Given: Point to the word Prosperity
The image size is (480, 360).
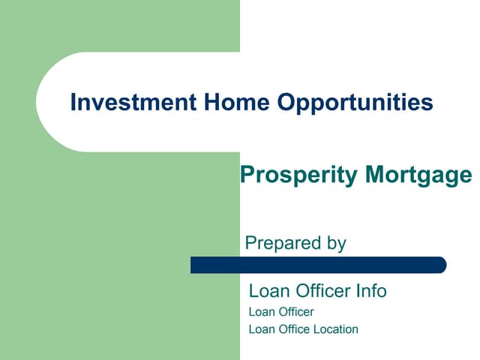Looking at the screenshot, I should pos(298,175).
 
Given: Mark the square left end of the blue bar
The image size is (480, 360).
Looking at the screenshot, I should pos(194,265).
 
